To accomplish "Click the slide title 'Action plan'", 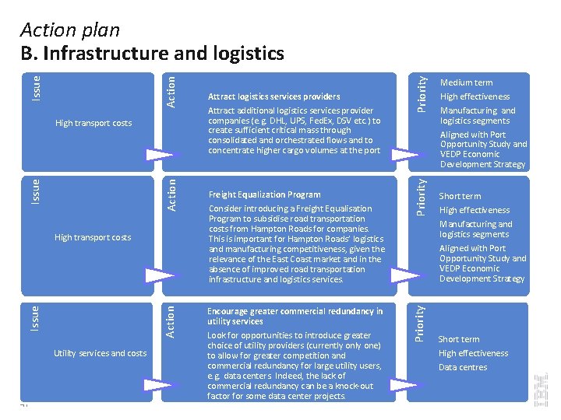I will (70, 30).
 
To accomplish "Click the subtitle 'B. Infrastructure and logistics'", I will (152, 53).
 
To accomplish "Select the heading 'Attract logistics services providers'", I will (273, 96).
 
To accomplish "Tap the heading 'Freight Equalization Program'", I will (264, 194).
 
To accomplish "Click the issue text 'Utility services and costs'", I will (100, 353).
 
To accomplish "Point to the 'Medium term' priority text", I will (466, 82).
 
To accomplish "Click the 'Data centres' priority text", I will (462, 367).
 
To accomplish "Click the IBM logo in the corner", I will (542, 388).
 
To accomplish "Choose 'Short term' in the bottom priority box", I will (459, 339).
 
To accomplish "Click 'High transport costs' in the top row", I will (93, 123).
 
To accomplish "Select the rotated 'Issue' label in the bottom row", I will (34, 316).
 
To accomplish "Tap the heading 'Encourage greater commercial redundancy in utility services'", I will (295, 316).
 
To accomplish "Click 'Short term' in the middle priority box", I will (460, 196).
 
